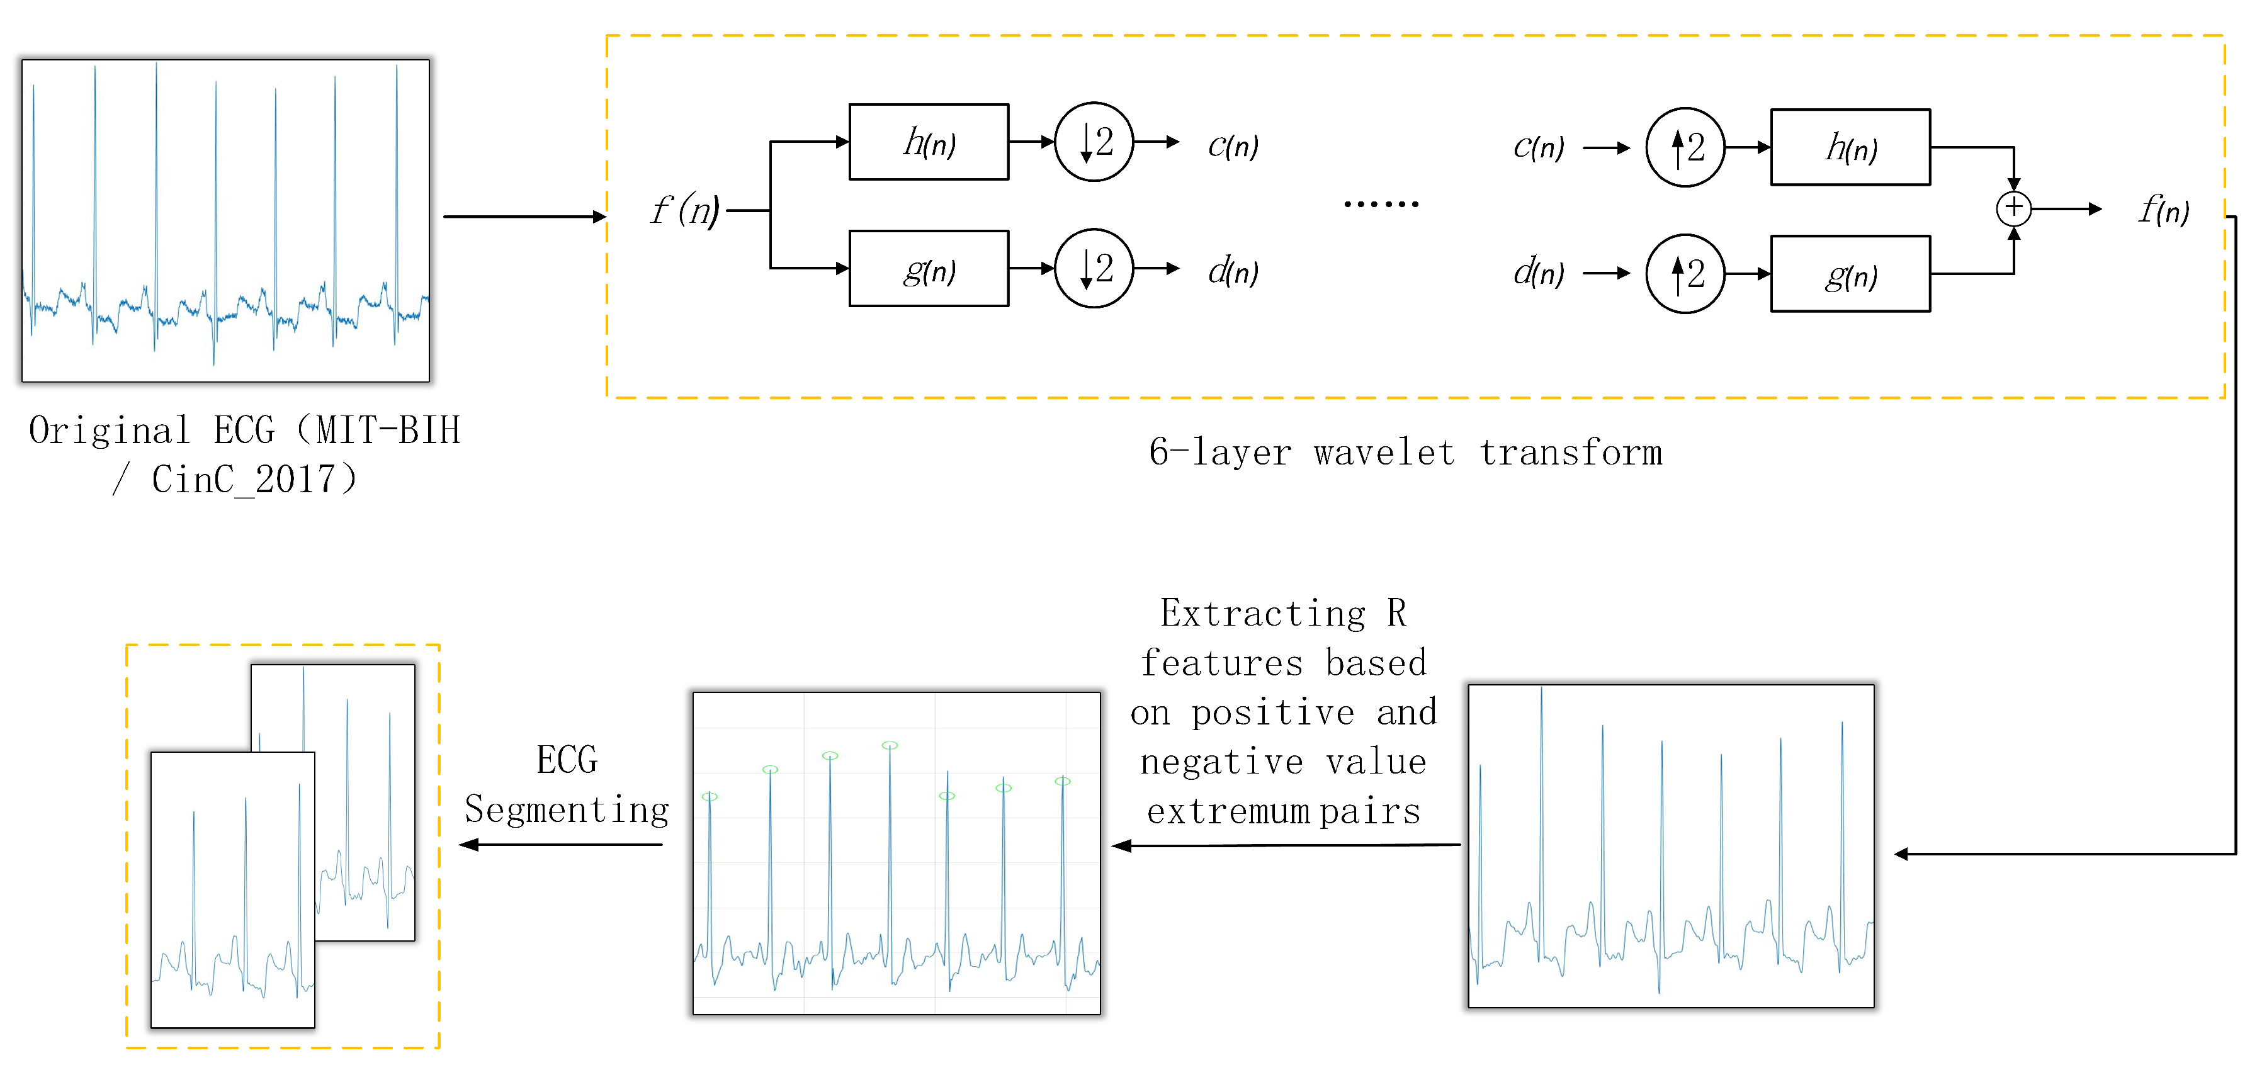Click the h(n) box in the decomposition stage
(x=928, y=142)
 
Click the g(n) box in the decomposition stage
(x=928, y=269)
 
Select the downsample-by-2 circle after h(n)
(x=1094, y=142)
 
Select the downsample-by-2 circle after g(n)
(x=1094, y=269)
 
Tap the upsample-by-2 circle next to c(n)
(x=1684, y=147)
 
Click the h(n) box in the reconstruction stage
(x=1850, y=147)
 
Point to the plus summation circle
(x=2013, y=208)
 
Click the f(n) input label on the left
(x=684, y=210)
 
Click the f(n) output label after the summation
(x=2163, y=210)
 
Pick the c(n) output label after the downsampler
(x=1232, y=145)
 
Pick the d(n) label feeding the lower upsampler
(x=1537, y=273)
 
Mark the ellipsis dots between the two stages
(x=1381, y=204)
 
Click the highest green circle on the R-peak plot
(x=890, y=745)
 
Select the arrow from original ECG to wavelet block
(x=524, y=217)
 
